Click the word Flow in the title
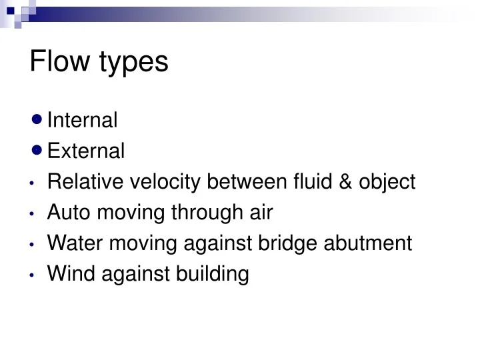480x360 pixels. point(61,61)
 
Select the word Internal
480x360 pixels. point(83,120)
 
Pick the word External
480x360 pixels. point(86,151)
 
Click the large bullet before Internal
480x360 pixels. point(37,120)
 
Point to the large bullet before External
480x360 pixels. point(37,151)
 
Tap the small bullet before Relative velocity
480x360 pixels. point(33,183)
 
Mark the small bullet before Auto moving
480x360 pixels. point(33,213)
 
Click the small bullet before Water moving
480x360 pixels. point(33,244)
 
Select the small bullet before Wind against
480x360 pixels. point(33,275)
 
